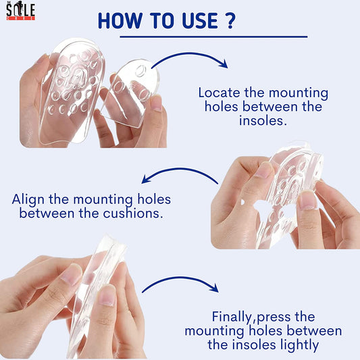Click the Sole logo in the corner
(21, 11)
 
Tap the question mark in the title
(229, 21)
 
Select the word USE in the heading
(200, 21)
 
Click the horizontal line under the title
(213, 36)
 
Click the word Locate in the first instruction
(220, 93)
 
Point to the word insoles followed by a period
(263, 120)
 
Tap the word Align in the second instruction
(28, 200)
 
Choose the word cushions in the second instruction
(133, 213)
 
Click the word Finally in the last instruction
(232, 317)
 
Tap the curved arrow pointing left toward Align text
(180, 170)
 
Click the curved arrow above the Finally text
(180, 278)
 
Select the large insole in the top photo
(72, 92)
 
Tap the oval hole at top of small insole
(140, 70)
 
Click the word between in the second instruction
(47, 213)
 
